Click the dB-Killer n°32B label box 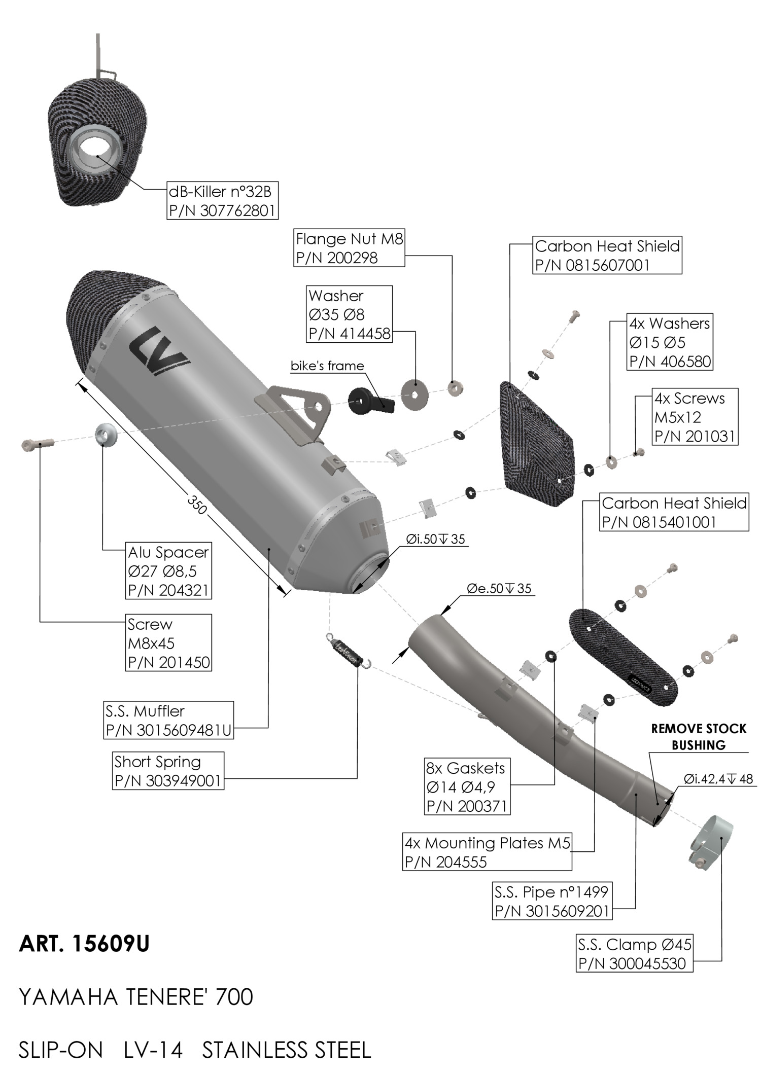click(x=223, y=200)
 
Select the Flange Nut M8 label click(x=350, y=248)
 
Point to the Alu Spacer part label click(x=168, y=571)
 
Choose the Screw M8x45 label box click(x=168, y=643)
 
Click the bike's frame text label click(x=327, y=366)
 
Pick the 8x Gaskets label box click(x=467, y=786)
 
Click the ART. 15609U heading click(x=84, y=944)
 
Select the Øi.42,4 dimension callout click(x=718, y=779)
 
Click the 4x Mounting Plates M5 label click(x=487, y=852)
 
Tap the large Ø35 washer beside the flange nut click(x=414, y=393)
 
